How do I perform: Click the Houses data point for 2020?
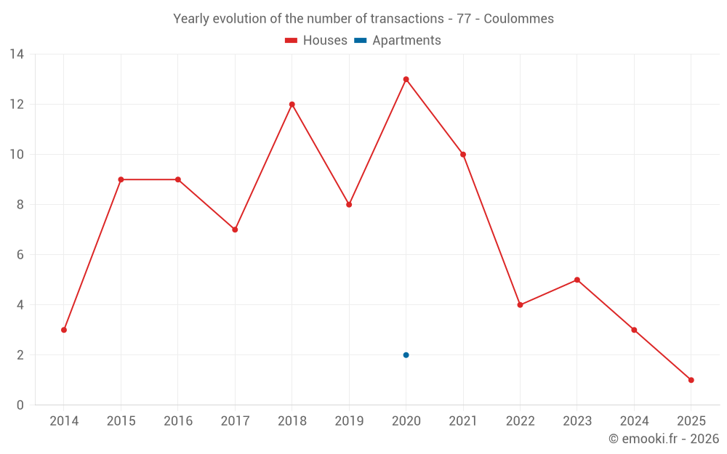pyautogui.click(x=406, y=79)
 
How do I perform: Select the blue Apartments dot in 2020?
pyautogui.click(x=406, y=355)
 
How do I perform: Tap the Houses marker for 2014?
pyautogui.click(x=64, y=330)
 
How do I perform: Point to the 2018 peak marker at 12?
pyautogui.click(x=292, y=105)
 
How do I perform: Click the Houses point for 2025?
pyautogui.click(x=691, y=380)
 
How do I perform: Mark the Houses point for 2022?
pyautogui.click(x=520, y=305)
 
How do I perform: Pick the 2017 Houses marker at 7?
pyautogui.click(x=235, y=230)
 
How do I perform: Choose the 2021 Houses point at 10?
pyautogui.click(x=463, y=155)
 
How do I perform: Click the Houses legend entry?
pyautogui.click(x=324, y=41)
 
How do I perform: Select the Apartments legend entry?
pyautogui.click(x=406, y=41)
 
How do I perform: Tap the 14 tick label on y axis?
pyautogui.click(x=17, y=54)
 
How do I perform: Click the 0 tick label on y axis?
pyautogui.click(x=20, y=405)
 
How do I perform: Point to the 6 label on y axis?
pyautogui.click(x=20, y=255)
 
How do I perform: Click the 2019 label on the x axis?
pyautogui.click(x=349, y=421)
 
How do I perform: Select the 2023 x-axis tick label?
pyautogui.click(x=577, y=421)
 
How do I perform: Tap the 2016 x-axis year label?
pyautogui.click(x=178, y=421)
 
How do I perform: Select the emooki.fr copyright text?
pyautogui.click(x=664, y=439)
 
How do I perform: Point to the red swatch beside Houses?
pyautogui.click(x=292, y=41)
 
